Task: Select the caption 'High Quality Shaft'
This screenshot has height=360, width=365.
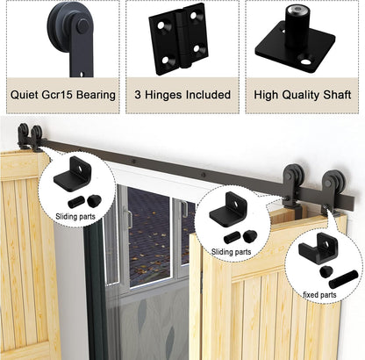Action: tap(303, 94)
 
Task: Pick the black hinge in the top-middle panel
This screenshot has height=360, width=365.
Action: tap(182, 39)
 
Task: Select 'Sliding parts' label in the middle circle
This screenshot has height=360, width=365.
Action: tap(229, 252)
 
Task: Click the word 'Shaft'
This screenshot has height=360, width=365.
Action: tap(336, 94)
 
